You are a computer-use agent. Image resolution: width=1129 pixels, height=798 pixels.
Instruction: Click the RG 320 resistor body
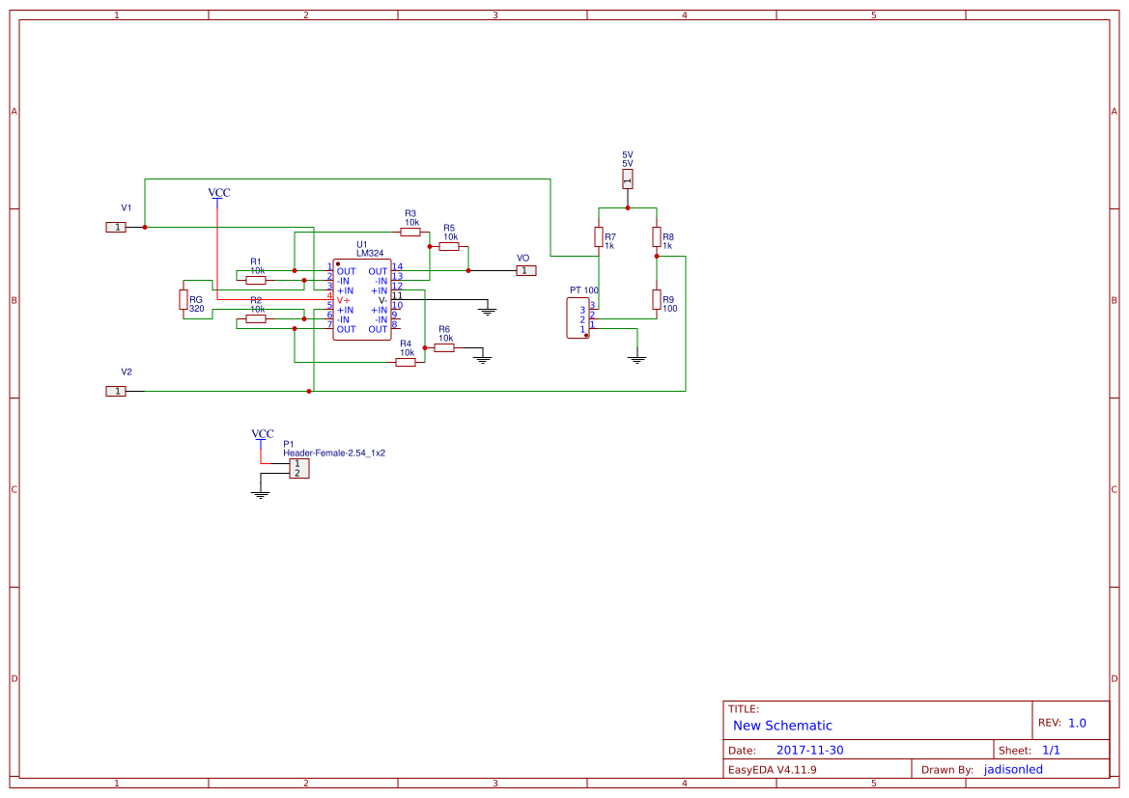183,300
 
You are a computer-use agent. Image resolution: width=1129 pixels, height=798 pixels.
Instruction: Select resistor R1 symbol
256,281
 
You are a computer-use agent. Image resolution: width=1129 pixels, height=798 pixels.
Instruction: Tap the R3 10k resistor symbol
410,232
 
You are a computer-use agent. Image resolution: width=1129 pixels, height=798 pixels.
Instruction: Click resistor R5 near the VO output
449,247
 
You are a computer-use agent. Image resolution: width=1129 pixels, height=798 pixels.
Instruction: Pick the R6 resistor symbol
444,347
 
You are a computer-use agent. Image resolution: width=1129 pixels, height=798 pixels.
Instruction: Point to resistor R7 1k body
599,237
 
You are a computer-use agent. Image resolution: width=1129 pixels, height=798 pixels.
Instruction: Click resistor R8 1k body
657,237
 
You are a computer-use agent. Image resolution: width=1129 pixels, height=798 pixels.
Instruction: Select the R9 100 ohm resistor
657,300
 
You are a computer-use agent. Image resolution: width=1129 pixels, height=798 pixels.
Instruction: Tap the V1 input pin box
116,227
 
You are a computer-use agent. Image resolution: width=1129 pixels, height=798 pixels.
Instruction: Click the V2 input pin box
116,391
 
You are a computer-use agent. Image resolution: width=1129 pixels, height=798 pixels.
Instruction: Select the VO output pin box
525,271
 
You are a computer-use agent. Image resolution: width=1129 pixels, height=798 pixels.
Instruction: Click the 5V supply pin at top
628,179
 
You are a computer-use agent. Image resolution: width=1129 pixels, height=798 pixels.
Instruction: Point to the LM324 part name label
369,254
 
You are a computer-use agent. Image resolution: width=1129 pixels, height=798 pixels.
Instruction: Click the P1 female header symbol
299,468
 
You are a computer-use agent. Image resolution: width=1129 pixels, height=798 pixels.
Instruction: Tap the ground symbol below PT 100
637,359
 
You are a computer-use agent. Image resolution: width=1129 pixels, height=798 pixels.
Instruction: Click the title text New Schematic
782,726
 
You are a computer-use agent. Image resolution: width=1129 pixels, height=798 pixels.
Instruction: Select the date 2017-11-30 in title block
809,750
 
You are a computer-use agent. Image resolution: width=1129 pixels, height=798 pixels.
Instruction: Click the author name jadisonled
1013,769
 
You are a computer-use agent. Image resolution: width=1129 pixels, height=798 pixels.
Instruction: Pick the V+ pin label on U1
343,300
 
